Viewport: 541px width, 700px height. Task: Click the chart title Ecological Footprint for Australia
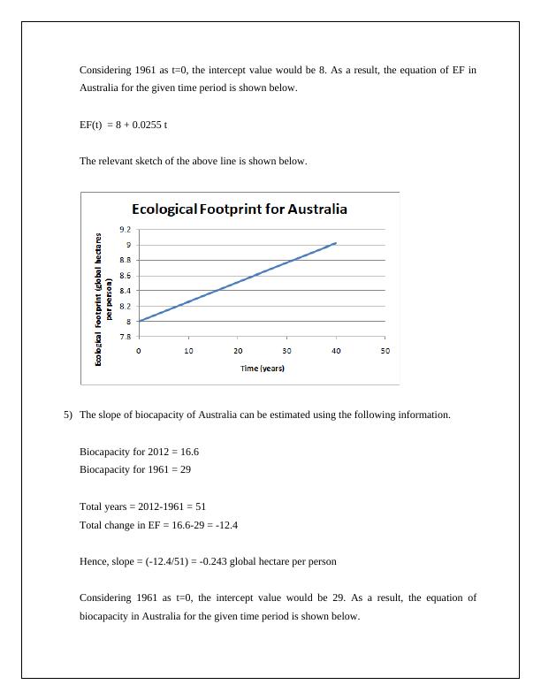[x=239, y=209]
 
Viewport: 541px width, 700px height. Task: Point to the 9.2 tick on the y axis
[x=127, y=230]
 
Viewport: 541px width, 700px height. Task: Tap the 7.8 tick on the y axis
[x=127, y=337]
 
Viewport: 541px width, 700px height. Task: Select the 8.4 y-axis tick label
[x=127, y=291]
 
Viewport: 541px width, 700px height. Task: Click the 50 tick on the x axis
[x=385, y=351]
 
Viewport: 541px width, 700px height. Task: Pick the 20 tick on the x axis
[x=238, y=351]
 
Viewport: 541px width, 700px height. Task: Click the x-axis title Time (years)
[x=262, y=368]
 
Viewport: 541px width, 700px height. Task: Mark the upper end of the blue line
[x=335, y=243]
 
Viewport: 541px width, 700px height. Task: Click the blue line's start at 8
[x=140, y=321]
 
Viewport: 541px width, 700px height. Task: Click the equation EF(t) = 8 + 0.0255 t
[x=124, y=125]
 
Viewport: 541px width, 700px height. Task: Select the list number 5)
[x=68, y=415]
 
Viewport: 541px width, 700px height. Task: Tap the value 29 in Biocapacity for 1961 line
[x=185, y=469]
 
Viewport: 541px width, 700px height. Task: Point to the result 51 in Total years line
[x=200, y=506]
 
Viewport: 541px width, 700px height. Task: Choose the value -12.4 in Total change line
[x=224, y=525]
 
